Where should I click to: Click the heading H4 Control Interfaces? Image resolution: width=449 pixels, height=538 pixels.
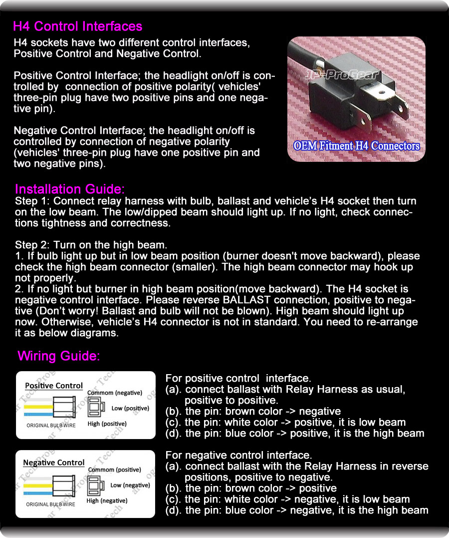77,26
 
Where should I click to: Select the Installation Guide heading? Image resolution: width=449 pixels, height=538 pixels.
69,189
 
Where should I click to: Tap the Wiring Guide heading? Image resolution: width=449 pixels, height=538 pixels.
59,356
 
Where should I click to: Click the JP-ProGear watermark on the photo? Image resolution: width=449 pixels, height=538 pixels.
342,76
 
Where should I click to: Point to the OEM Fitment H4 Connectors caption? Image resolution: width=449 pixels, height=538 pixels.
357,146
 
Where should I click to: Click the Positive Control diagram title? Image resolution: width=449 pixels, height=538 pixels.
54,386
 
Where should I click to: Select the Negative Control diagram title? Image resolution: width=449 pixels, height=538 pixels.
54,463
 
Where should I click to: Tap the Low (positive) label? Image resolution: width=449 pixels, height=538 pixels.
130,408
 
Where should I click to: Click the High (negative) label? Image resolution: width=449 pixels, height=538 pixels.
107,501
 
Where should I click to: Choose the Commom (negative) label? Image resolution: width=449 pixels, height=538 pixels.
115,393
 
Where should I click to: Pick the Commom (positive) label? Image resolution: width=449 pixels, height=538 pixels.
114,470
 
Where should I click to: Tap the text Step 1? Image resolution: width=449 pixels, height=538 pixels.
32,201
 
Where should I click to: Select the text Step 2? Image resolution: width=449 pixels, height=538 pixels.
32,245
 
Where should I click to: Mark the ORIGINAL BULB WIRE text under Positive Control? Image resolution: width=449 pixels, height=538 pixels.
51,426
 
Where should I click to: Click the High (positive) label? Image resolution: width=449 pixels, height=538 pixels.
107,424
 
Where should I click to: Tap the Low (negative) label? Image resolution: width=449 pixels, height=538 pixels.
130,485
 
